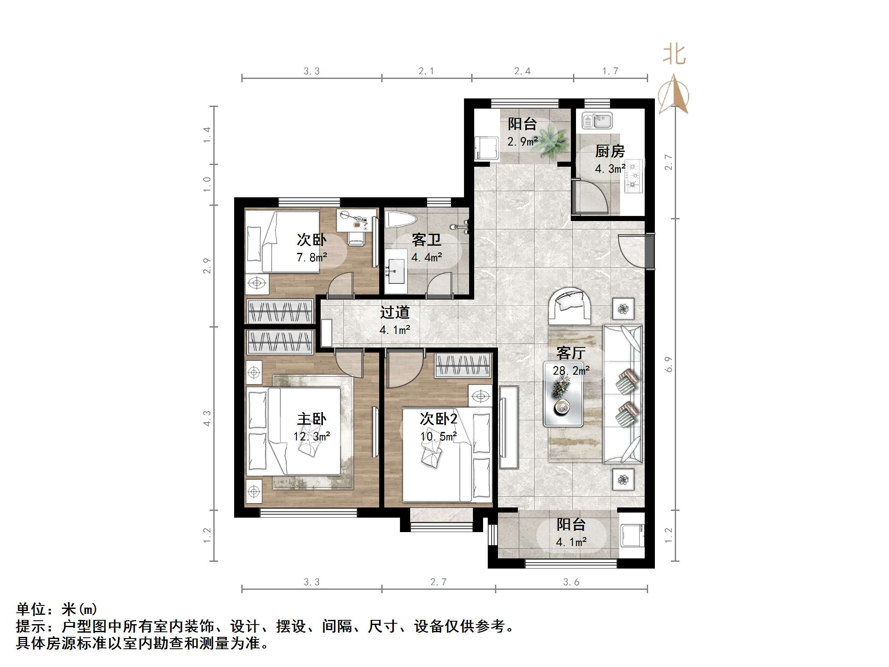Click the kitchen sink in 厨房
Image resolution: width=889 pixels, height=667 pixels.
coord(597,121)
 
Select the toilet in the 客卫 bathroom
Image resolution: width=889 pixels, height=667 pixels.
coord(401,220)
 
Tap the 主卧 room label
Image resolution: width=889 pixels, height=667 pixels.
coord(312,419)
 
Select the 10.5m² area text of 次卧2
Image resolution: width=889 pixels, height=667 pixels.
coord(439,436)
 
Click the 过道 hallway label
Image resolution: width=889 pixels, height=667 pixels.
coord(394,312)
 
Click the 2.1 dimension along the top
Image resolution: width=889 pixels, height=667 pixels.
coord(426,71)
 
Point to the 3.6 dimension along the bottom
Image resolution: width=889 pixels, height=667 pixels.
coord(571,582)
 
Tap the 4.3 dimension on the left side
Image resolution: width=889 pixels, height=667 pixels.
coord(207,418)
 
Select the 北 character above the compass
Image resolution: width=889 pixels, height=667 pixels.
coord(674,55)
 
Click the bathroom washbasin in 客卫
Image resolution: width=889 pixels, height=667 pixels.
coord(396,272)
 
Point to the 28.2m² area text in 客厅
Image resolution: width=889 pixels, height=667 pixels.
coord(571,370)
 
